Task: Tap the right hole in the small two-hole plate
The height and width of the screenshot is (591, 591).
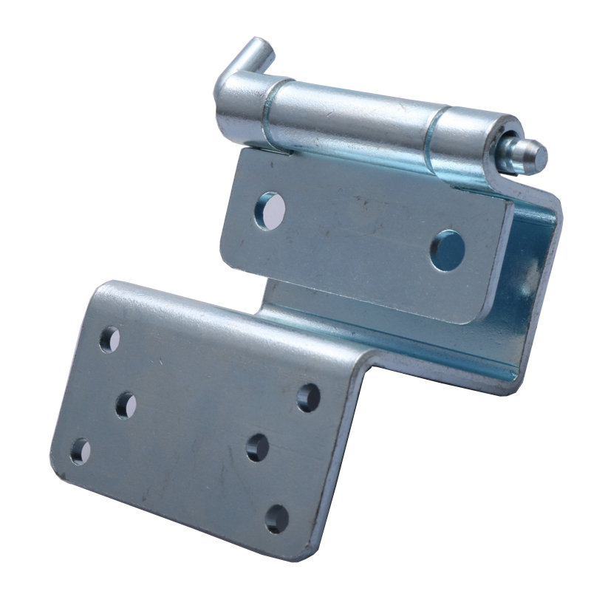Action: click(448, 250)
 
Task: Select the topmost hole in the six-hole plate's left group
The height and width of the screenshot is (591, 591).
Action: click(109, 339)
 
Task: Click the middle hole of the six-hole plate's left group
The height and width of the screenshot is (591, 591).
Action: click(126, 404)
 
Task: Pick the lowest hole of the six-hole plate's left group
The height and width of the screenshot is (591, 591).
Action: click(80, 451)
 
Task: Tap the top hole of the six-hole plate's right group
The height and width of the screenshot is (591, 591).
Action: click(309, 397)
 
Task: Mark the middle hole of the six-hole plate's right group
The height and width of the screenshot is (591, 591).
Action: click(257, 447)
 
